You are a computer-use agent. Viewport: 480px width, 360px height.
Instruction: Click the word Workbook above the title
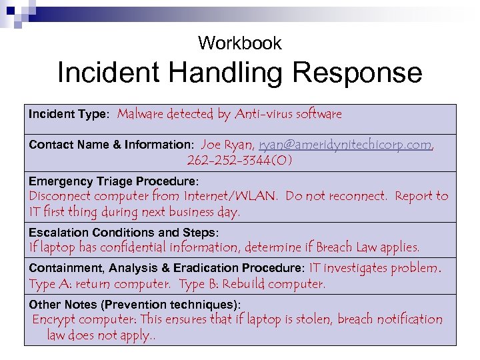240,44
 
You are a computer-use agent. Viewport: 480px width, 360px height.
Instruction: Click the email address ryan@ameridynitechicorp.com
345,145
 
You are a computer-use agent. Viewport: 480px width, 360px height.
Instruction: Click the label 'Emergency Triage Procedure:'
114,181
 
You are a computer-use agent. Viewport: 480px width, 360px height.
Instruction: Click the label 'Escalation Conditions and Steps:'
123,233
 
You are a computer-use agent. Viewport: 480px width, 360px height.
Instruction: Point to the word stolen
311,319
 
